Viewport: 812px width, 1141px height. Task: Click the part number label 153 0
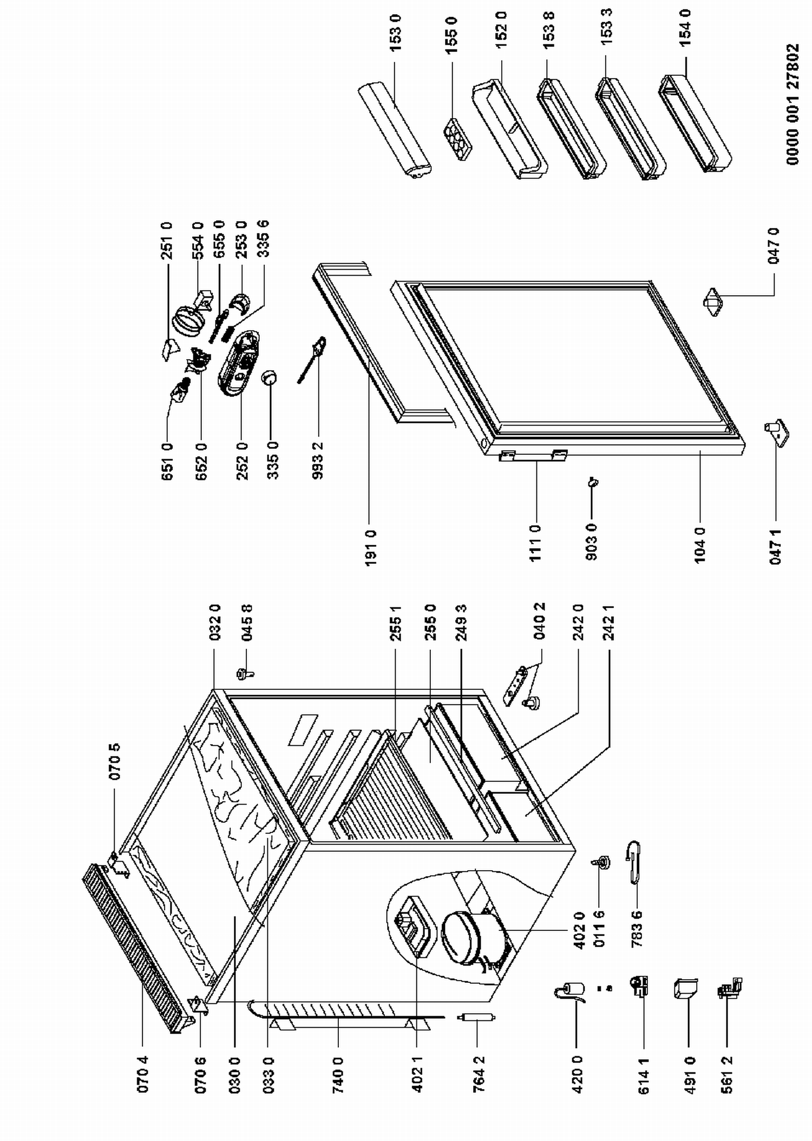tap(396, 33)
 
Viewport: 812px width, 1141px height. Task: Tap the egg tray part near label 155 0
tap(458, 139)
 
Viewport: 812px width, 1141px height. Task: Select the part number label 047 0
tap(775, 246)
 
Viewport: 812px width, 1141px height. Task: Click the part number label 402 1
tap(417, 1078)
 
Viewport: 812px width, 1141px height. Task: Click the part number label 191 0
tap(371, 548)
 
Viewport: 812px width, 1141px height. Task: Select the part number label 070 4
tap(142, 1078)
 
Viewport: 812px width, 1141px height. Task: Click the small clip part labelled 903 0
tap(593, 481)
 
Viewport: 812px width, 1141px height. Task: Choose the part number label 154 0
tap(685, 28)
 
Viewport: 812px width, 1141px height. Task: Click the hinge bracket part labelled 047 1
tap(777, 433)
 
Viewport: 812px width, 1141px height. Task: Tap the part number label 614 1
tap(644, 1078)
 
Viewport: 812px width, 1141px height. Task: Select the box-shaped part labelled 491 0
tap(685, 988)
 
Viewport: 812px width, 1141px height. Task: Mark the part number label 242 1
tap(609, 623)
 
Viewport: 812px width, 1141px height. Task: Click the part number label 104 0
tap(700, 545)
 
